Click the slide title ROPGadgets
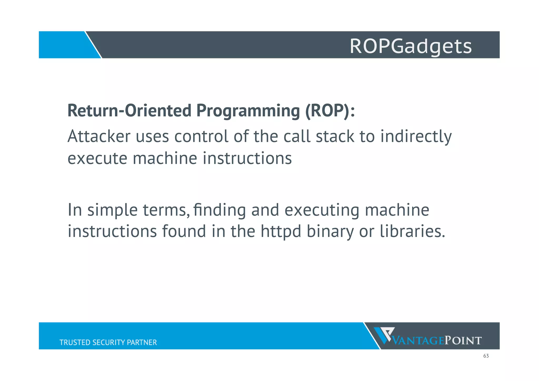(x=411, y=46)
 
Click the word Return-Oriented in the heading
(x=129, y=111)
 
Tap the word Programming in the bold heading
(x=248, y=111)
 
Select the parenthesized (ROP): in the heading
(x=330, y=111)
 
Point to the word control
(x=201, y=136)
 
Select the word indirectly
(x=416, y=137)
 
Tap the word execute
(x=97, y=159)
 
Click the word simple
(x=112, y=210)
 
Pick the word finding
(x=219, y=210)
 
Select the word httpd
(x=281, y=231)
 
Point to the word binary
(x=330, y=232)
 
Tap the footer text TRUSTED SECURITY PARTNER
(x=108, y=342)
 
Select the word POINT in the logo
(x=463, y=340)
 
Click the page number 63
(x=486, y=356)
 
